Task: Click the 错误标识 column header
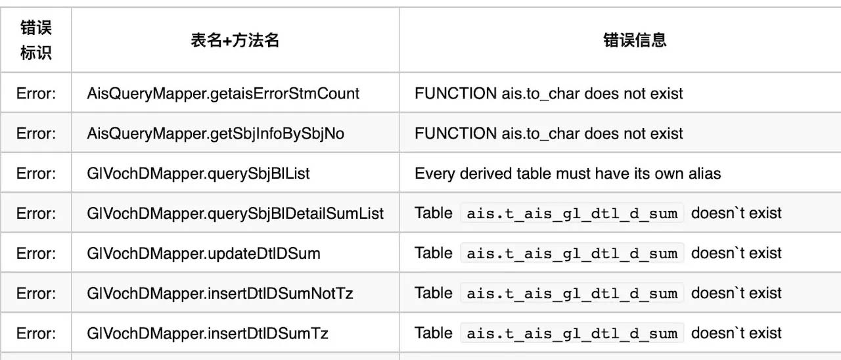35,40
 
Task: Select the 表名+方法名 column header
235,40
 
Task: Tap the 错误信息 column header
635,40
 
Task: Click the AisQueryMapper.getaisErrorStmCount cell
223,93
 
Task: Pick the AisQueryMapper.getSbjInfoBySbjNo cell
216,133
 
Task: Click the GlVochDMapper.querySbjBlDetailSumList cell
235,214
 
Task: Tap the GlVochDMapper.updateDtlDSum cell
204,254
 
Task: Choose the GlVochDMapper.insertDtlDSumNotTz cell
220,294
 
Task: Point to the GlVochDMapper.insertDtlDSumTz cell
208,333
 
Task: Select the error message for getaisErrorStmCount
549,93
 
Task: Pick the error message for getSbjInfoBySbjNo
549,133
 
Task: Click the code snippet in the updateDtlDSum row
572,254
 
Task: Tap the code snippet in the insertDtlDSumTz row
572,333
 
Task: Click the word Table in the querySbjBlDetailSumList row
434,214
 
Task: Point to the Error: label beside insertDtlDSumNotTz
36,294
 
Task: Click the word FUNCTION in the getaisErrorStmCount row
455,93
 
